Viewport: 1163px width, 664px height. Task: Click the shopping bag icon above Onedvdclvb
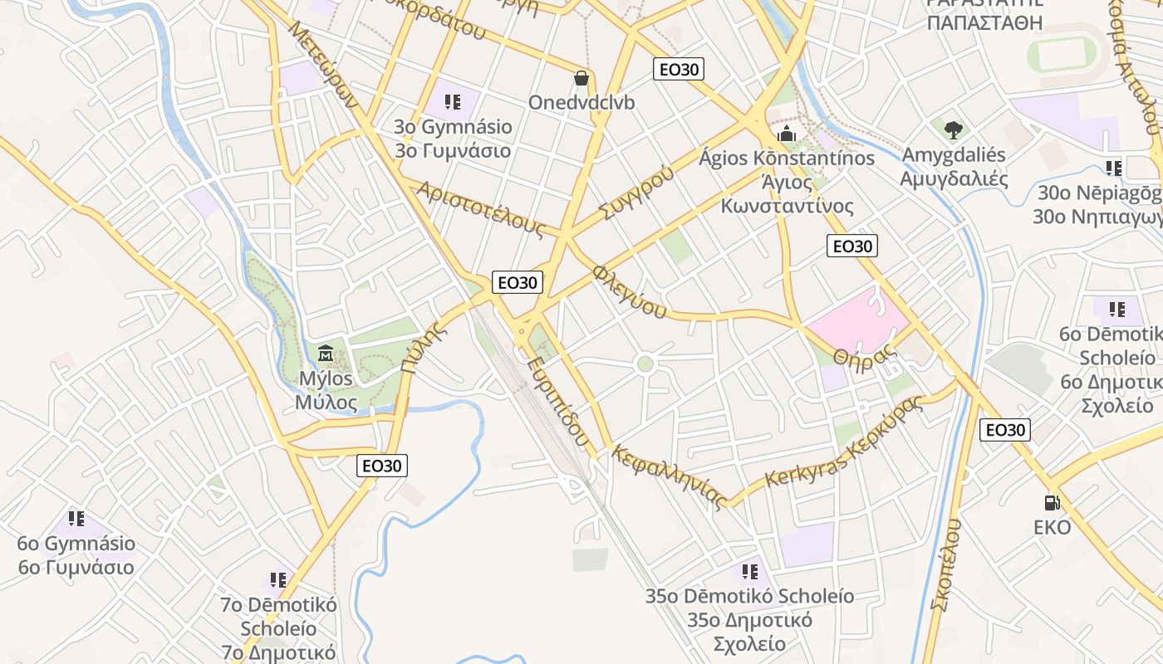581,79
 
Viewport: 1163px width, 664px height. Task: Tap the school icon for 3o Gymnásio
453,102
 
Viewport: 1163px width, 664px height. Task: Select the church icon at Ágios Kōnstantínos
787,134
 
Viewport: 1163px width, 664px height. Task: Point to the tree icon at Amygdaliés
953,129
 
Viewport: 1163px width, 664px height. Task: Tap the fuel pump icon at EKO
1052,503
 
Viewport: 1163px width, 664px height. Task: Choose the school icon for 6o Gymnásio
76,519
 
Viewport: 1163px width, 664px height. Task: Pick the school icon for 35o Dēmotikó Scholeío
749,572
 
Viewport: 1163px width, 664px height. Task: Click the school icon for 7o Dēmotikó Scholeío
278,580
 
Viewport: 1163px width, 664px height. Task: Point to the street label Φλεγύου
630,292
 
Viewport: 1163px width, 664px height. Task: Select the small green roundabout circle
645,364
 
